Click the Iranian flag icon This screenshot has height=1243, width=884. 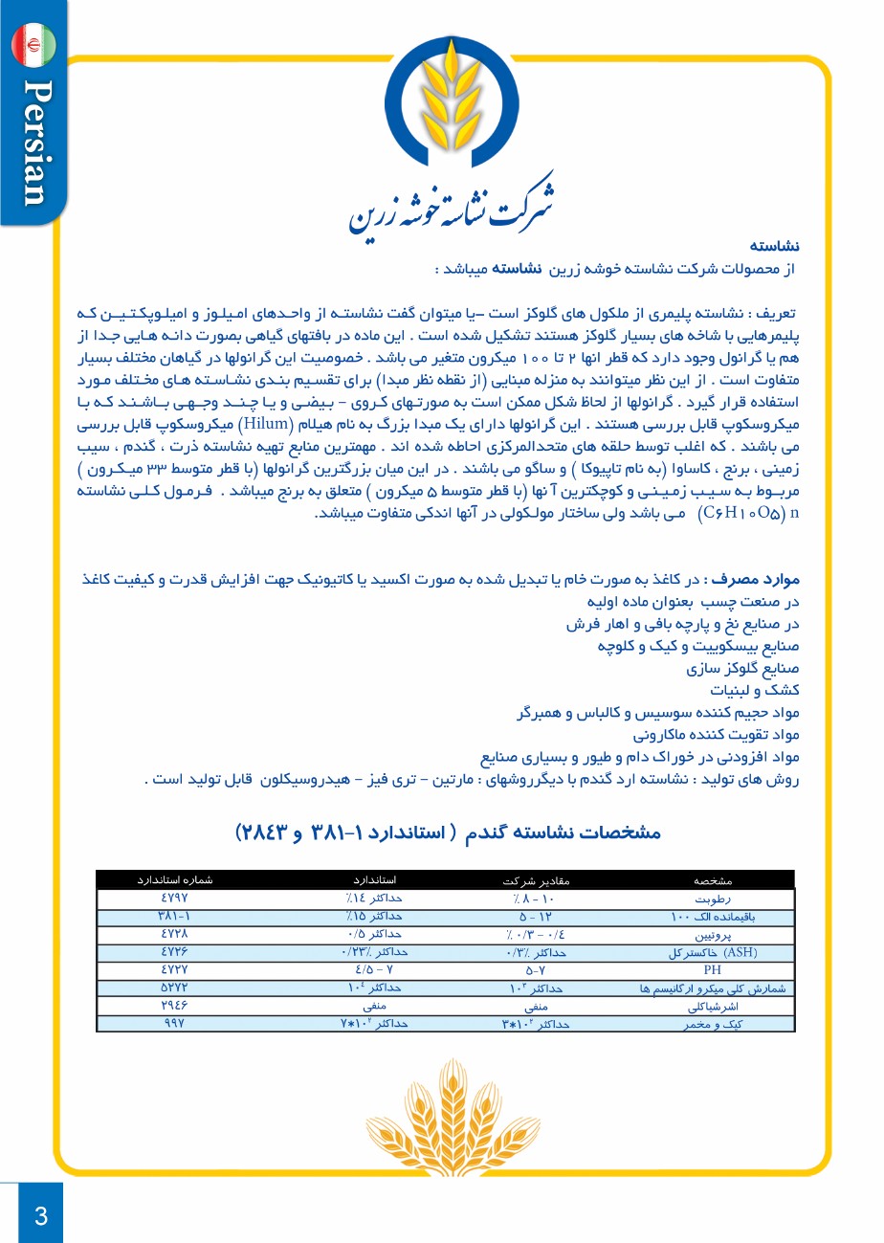34,45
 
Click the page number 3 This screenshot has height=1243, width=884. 40,1216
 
